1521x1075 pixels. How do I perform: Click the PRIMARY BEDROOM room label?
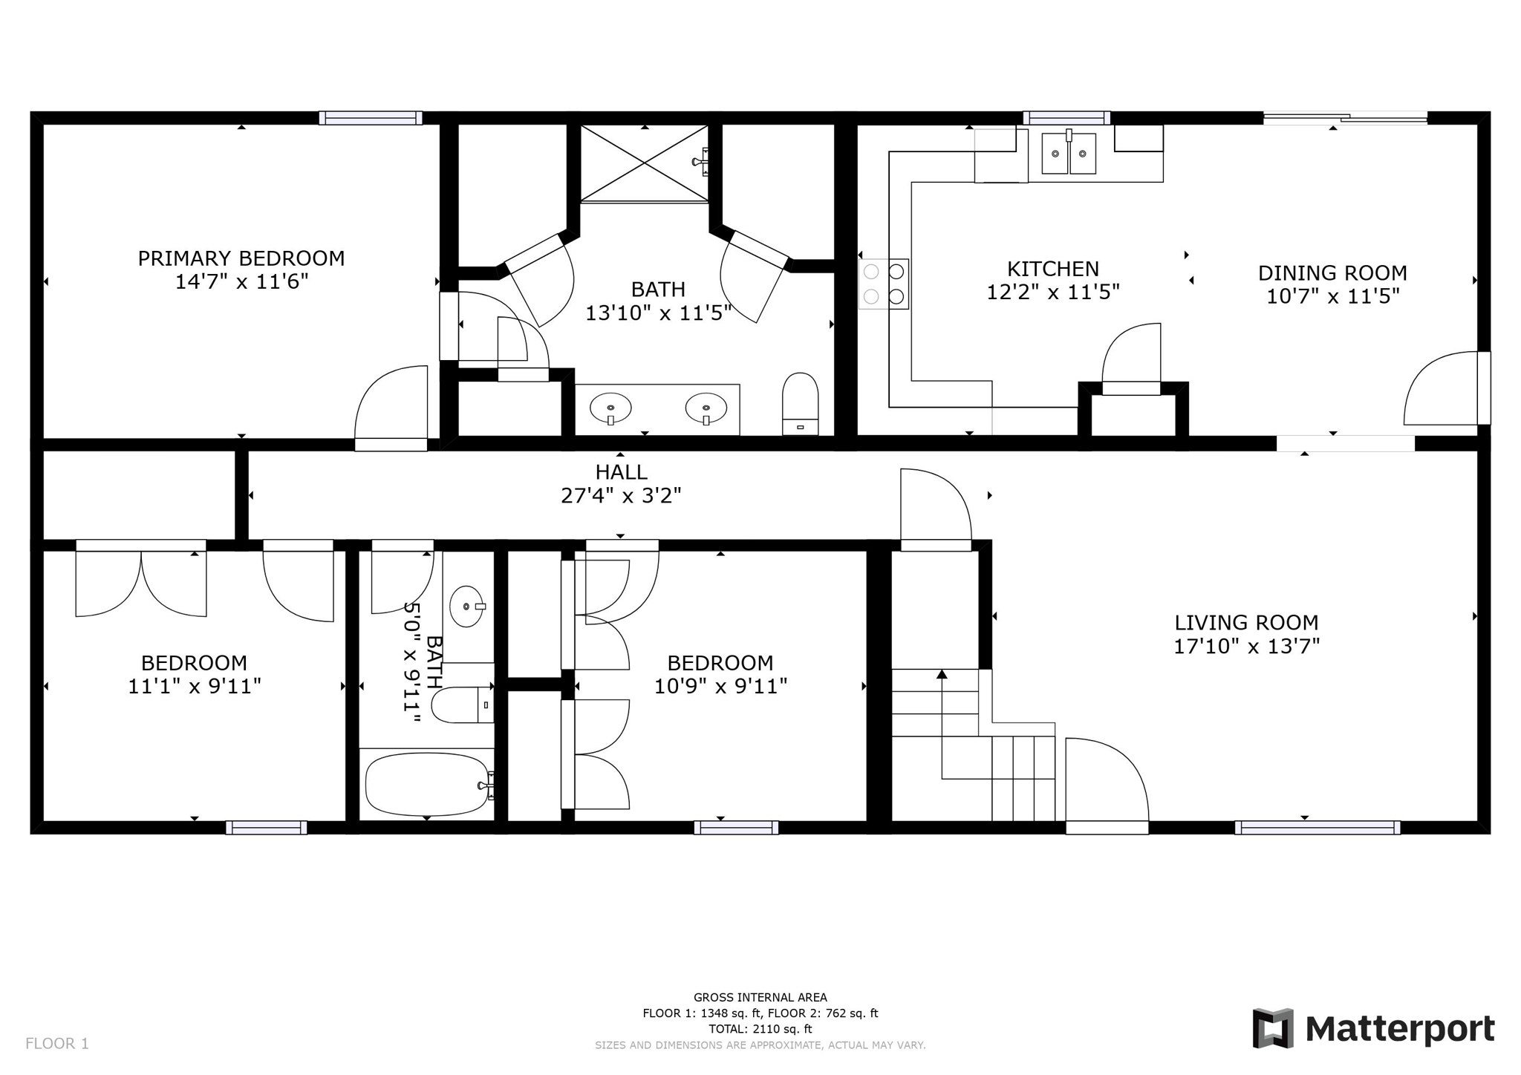pyautogui.click(x=241, y=258)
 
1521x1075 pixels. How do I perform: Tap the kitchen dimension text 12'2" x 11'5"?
pyautogui.click(x=1052, y=293)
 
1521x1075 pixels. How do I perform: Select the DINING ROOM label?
pyautogui.click(x=1332, y=273)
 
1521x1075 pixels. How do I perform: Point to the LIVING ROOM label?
pyautogui.click(x=1246, y=623)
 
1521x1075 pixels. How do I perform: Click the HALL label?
pyautogui.click(x=621, y=472)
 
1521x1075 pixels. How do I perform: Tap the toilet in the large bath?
pyautogui.click(x=800, y=404)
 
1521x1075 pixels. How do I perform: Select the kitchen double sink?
pyautogui.click(x=1069, y=153)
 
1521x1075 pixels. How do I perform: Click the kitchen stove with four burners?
pyautogui.click(x=884, y=284)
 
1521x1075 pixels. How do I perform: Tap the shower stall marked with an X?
pyautogui.click(x=644, y=163)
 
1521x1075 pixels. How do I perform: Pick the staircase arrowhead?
pyautogui.click(x=942, y=674)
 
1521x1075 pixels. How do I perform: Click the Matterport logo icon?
pyautogui.click(x=1273, y=1028)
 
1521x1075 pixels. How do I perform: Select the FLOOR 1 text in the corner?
pyautogui.click(x=57, y=1044)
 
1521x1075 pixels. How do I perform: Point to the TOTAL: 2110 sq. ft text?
pyautogui.click(x=760, y=1029)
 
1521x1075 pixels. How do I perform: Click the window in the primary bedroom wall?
pyautogui.click(x=371, y=118)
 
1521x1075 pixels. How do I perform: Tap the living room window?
pyautogui.click(x=1318, y=828)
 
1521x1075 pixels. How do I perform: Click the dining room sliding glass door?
pyautogui.click(x=1345, y=117)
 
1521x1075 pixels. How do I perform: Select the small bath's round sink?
pyautogui.click(x=467, y=607)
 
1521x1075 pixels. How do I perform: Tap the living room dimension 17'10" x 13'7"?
pyautogui.click(x=1246, y=647)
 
